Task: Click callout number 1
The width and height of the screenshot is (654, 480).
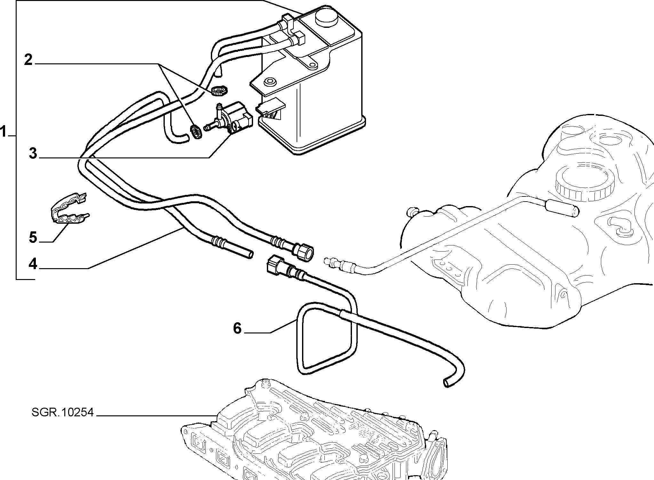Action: [x=4, y=132]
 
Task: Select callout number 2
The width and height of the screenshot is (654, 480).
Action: [x=28, y=60]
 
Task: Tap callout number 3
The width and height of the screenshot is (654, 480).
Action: [x=33, y=154]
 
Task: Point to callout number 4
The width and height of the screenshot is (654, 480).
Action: [x=33, y=264]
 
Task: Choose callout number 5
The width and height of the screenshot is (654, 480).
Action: [x=33, y=237]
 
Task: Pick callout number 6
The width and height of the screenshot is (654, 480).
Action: [x=237, y=328]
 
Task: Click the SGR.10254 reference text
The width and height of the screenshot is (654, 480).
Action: [x=63, y=412]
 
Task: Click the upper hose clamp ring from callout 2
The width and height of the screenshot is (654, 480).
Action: [x=219, y=91]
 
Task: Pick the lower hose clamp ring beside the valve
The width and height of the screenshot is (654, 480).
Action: [x=196, y=132]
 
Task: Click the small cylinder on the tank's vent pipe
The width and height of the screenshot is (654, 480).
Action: [x=562, y=208]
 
